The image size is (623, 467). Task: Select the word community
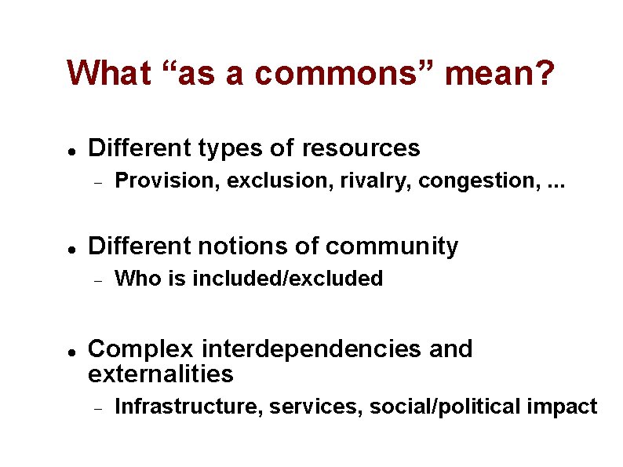tap(392, 246)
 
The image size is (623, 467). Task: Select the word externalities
tap(161, 374)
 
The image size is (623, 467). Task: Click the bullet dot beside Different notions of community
tap(71, 248)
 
